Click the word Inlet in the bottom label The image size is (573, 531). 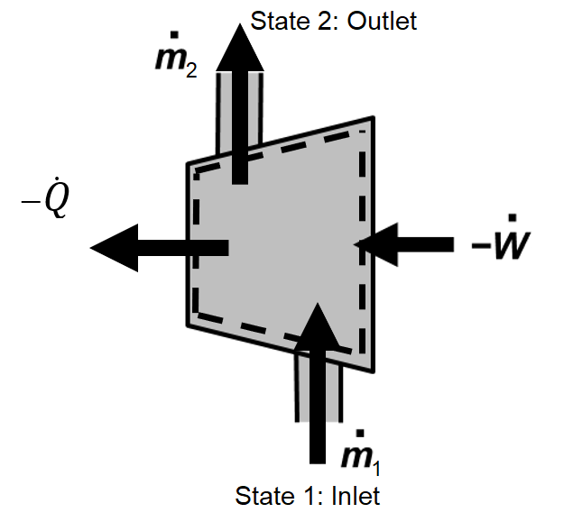pyautogui.click(x=355, y=495)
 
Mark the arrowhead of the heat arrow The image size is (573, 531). pyautogui.click(x=113, y=247)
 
